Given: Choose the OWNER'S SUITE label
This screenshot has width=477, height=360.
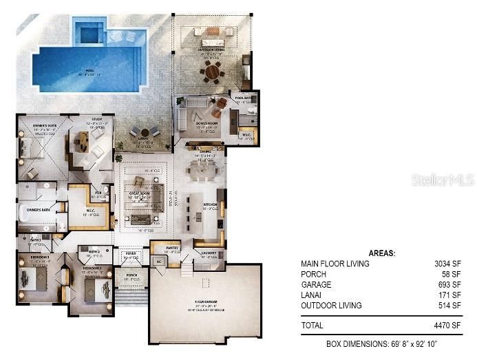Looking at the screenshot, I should [x=35, y=125].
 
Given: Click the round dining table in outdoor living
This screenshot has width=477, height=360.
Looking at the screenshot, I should [x=212, y=72].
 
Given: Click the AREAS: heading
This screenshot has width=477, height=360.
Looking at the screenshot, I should [x=381, y=253].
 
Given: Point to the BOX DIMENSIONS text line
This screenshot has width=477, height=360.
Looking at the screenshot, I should [x=381, y=343].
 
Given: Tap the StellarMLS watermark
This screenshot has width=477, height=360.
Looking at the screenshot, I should [x=443, y=180].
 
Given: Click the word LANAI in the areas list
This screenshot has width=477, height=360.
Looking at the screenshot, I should [x=311, y=295].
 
